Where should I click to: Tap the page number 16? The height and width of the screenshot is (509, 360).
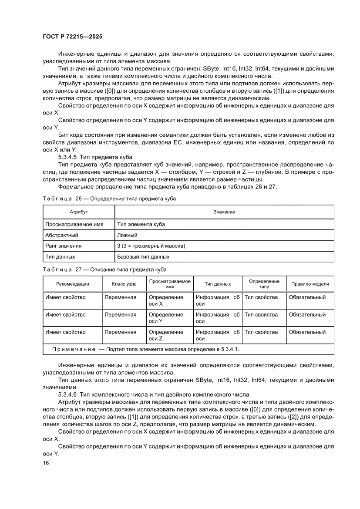46,463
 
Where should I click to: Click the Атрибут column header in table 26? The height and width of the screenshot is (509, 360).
79,212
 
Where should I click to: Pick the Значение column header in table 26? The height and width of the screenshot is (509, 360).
224,212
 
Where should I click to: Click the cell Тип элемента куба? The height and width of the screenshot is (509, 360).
141,224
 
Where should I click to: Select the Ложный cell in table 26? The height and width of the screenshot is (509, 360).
127,235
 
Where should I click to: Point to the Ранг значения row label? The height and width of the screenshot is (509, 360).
64,246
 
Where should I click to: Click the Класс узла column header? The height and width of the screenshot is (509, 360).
124,284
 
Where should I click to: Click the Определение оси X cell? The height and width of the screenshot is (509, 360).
166,300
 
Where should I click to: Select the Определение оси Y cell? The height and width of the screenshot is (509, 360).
166,318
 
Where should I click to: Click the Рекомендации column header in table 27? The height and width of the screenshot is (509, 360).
72,284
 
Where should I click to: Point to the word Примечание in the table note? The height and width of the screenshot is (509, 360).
74,349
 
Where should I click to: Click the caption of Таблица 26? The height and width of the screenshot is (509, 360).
109,199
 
